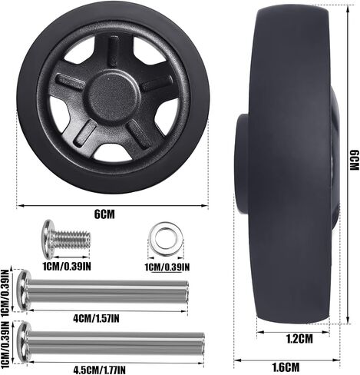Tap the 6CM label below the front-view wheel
104,214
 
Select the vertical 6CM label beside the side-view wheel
355,161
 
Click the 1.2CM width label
299,339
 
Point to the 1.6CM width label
286,367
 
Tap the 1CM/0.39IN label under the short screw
67,267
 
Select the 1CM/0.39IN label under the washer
167,267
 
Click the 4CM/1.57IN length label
96,318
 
